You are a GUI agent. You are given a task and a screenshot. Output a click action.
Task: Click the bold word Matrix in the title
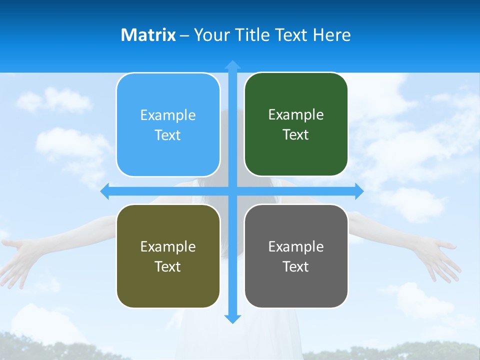point(148,35)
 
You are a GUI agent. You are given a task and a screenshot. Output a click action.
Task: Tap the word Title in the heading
point(253,35)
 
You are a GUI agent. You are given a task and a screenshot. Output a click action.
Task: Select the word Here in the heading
point(332,35)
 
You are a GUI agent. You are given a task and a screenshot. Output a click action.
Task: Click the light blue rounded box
point(168,125)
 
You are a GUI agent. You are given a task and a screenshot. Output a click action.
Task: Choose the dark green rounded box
point(296,124)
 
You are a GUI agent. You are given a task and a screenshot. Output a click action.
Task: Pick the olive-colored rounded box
point(168,256)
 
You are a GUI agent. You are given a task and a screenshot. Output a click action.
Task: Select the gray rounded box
point(296,256)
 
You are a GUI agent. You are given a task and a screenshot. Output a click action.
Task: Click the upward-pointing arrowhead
point(232,65)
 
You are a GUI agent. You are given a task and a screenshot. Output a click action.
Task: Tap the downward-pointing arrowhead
point(232,318)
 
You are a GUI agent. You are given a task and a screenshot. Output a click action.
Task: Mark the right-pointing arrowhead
point(358,191)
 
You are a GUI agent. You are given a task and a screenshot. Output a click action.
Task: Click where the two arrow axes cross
point(232,191)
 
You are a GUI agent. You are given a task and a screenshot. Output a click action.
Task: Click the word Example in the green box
point(296,115)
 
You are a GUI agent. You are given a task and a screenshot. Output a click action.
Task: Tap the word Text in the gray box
point(296,266)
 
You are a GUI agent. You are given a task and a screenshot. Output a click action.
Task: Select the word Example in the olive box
point(168,246)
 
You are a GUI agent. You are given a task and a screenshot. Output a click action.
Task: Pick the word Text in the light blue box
point(168,135)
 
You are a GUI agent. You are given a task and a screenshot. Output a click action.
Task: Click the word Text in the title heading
point(292,35)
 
